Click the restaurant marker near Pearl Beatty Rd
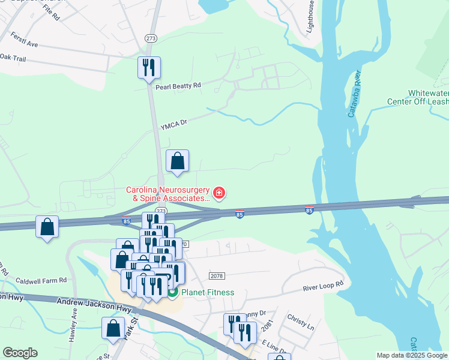[x=149, y=67]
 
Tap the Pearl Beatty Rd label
[x=178, y=86]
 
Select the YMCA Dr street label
[x=174, y=125]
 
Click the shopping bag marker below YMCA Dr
[x=177, y=161]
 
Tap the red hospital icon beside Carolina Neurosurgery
[x=220, y=193]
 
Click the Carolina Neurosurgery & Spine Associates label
[x=168, y=194]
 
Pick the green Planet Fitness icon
[x=173, y=293]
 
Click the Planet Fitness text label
[x=208, y=293]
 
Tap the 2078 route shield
[x=217, y=275]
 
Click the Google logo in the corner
[x=20, y=353]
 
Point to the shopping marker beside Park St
[x=113, y=328]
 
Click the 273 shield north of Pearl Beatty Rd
[x=151, y=38]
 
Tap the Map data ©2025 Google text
[x=412, y=355]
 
